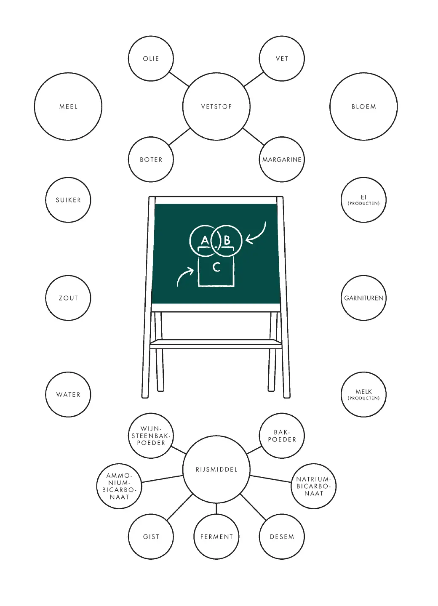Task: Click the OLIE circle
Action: tap(151, 58)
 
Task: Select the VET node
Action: tap(282, 58)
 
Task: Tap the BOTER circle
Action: tap(151, 159)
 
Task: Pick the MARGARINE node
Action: tap(282, 159)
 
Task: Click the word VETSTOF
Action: tap(216, 106)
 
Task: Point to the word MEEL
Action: tap(68, 106)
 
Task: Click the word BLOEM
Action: tap(363, 106)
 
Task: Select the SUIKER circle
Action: tap(68, 200)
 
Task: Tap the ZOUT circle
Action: tap(68, 298)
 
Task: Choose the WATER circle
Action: tap(68, 395)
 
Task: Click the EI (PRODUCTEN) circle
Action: tap(363, 200)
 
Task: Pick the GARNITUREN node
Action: tap(363, 298)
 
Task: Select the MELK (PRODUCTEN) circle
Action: tap(363, 395)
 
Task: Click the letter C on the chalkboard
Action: tap(216, 267)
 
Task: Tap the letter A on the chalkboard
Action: tap(205, 240)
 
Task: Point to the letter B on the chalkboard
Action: tap(227, 240)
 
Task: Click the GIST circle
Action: tap(151, 537)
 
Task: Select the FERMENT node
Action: tap(216, 537)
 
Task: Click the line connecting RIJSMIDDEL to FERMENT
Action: tap(216, 508)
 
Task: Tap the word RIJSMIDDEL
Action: tap(216, 469)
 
